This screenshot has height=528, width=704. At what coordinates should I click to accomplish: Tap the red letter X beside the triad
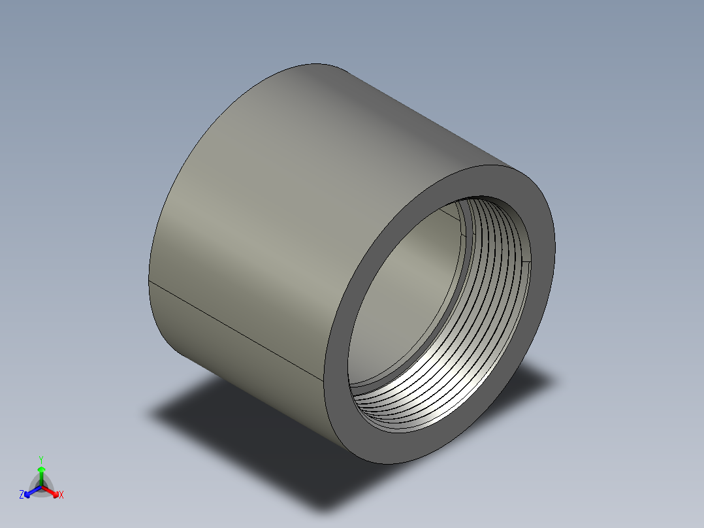pos(61,495)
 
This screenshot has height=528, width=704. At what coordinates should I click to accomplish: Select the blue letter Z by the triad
pos(22,495)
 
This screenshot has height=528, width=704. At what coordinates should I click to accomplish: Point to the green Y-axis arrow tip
pos(40,469)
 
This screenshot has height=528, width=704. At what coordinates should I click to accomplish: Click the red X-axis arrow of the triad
pos(52,491)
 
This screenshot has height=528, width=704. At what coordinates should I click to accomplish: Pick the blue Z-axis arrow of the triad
pos(29,492)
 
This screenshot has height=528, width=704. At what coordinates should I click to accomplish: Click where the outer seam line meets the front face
pos(324,381)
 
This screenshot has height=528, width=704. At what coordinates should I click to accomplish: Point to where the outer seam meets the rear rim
pos(150,281)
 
